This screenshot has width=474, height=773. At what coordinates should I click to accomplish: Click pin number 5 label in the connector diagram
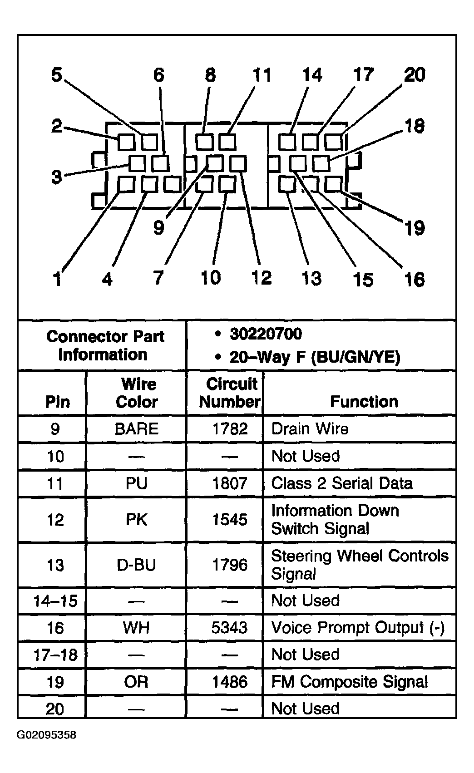click(56, 75)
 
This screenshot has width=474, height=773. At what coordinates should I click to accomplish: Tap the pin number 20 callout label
click(415, 75)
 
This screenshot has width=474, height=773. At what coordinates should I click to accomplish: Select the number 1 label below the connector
click(57, 279)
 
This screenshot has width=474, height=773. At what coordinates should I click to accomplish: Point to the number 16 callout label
click(414, 280)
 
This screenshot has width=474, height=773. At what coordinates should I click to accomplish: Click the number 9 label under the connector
click(158, 227)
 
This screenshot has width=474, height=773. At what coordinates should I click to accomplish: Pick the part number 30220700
click(265, 334)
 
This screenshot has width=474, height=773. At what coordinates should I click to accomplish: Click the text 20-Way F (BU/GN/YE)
click(315, 357)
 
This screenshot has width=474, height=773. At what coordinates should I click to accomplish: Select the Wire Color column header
click(137, 393)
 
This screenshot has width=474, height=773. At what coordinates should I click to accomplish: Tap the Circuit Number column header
click(230, 393)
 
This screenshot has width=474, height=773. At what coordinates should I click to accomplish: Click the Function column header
click(364, 401)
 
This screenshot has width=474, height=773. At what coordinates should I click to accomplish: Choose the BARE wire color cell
click(137, 429)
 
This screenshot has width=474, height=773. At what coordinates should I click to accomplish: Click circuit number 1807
click(230, 483)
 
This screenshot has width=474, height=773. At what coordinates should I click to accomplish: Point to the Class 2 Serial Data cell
click(341, 483)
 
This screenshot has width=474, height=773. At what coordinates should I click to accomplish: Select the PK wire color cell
click(137, 519)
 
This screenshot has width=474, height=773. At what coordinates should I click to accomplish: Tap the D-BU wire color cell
click(137, 565)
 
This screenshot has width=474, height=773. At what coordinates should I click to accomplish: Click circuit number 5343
click(230, 628)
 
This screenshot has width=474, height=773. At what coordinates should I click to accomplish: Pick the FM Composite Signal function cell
click(349, 682)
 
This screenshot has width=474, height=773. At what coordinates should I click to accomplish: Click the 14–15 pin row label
click(55, 601)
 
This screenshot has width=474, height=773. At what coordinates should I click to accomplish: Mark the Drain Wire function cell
click(310, 429)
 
